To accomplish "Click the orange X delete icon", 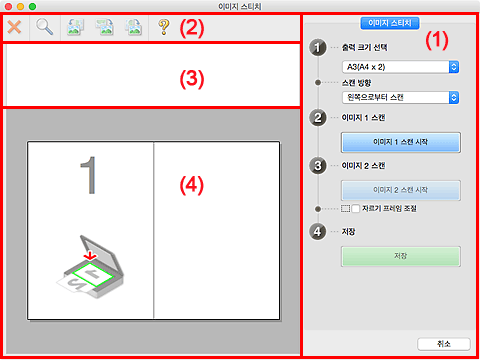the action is click(x=14, y=27).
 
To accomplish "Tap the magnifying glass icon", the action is click(x=44, y=27).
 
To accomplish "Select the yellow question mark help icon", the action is click(x=164, y=27).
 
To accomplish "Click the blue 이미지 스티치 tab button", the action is click(x=390, y=23).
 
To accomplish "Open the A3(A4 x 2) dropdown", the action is click(x=401, y=67).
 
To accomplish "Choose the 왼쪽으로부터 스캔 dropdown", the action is click(x=401, y=97).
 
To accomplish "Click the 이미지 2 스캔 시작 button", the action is click(x=401, y=190).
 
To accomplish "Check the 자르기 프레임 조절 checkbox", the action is click(x=356, y=209).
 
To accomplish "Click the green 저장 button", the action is click(x=401, y=256).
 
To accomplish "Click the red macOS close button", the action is click(x=8, y=6).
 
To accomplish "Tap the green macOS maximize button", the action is click(x=32, y=6).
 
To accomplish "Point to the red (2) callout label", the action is click(x=192, y=28).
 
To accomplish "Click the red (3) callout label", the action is click(x=192, y=79).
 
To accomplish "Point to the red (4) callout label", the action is click(x=192, y=185).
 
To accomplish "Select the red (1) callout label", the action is click(x=437, y=40).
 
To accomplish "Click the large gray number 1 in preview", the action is click(x=89, y=175).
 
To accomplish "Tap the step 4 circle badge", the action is click(x=318, y=232).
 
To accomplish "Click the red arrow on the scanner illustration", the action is click(x=90, y=255).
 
